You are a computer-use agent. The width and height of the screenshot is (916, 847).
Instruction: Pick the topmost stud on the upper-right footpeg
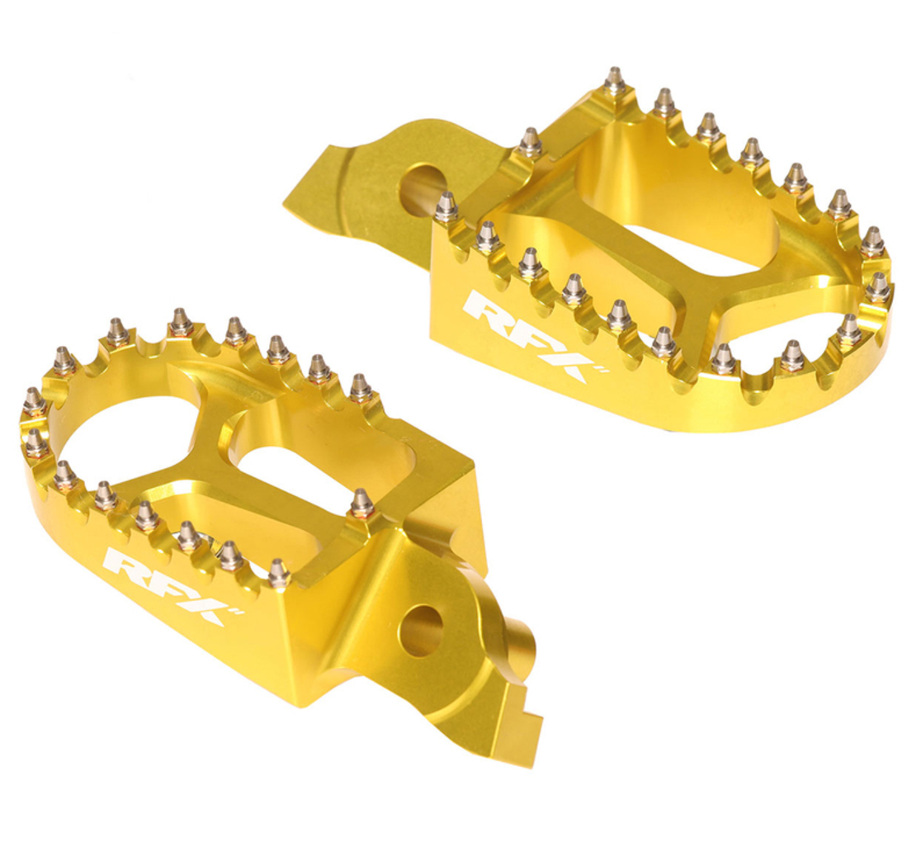click(614, 81)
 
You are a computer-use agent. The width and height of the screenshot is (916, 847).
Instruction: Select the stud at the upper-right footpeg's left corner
click(446, 206)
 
